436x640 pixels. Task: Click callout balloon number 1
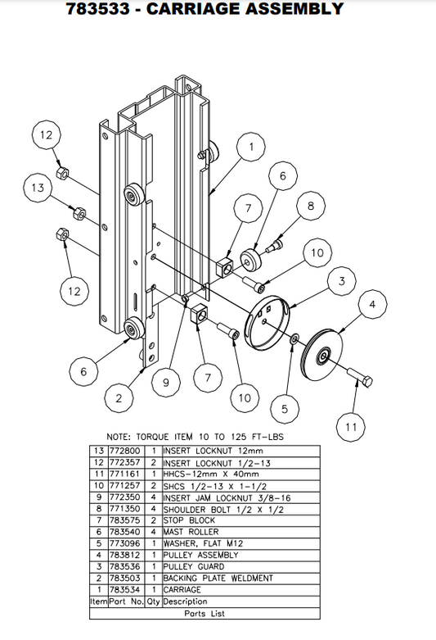(251, 147)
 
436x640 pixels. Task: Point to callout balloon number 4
(372, 305)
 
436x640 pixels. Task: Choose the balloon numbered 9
(166, 381)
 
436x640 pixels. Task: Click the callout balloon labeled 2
(120, 398)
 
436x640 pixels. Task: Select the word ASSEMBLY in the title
(283, 10)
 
